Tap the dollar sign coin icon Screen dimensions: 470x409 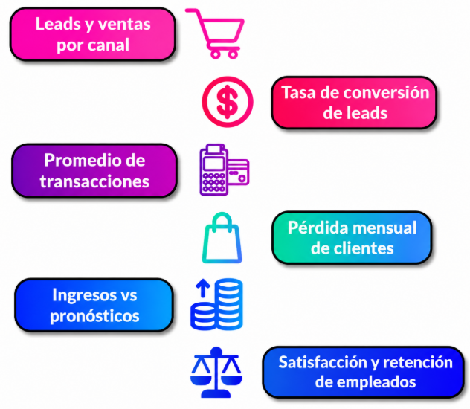228,102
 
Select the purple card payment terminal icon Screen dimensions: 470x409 224,170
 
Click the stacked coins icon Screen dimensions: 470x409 216,304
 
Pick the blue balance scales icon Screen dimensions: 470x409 216,373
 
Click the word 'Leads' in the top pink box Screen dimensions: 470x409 58,24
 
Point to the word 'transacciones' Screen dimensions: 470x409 94,181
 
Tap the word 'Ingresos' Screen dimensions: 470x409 83,295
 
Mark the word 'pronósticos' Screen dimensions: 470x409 94,316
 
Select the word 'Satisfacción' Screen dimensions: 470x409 323,362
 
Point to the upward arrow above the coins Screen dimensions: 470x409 203,288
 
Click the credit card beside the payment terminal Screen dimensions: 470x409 238,173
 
